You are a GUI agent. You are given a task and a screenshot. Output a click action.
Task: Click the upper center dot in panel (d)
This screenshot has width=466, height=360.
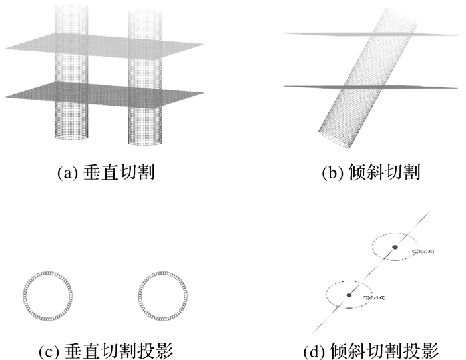pos(395,248)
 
